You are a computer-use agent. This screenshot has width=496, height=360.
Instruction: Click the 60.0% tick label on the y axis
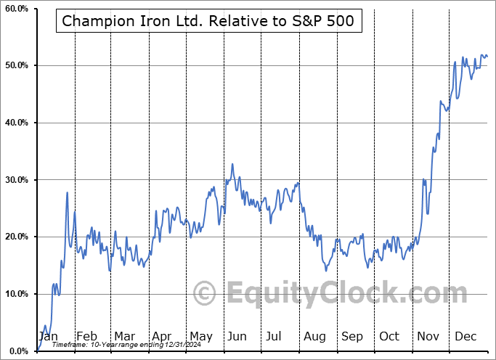17,9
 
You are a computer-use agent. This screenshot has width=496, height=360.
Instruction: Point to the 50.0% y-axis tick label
17,66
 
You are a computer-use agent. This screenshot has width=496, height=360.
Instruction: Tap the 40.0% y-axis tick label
17,123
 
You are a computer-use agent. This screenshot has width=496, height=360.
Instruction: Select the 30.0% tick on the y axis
17,180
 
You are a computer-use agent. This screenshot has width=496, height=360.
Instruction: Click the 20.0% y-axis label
17,237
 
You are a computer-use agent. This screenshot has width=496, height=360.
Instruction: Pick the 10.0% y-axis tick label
17,294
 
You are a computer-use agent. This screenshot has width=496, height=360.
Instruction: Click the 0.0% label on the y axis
19,351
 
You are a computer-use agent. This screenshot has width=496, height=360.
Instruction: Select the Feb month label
86,336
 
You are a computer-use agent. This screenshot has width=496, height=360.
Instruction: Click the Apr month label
160,336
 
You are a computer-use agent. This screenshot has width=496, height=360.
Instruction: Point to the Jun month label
236,336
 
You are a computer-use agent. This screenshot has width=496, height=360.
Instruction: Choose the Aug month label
314,336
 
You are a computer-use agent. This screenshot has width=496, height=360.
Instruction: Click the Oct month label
389,336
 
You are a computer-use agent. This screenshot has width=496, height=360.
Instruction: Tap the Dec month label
465,336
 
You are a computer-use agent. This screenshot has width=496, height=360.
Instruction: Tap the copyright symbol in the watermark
206,294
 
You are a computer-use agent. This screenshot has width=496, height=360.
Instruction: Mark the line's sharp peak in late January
68,192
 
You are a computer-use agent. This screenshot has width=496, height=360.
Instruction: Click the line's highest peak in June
232,164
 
